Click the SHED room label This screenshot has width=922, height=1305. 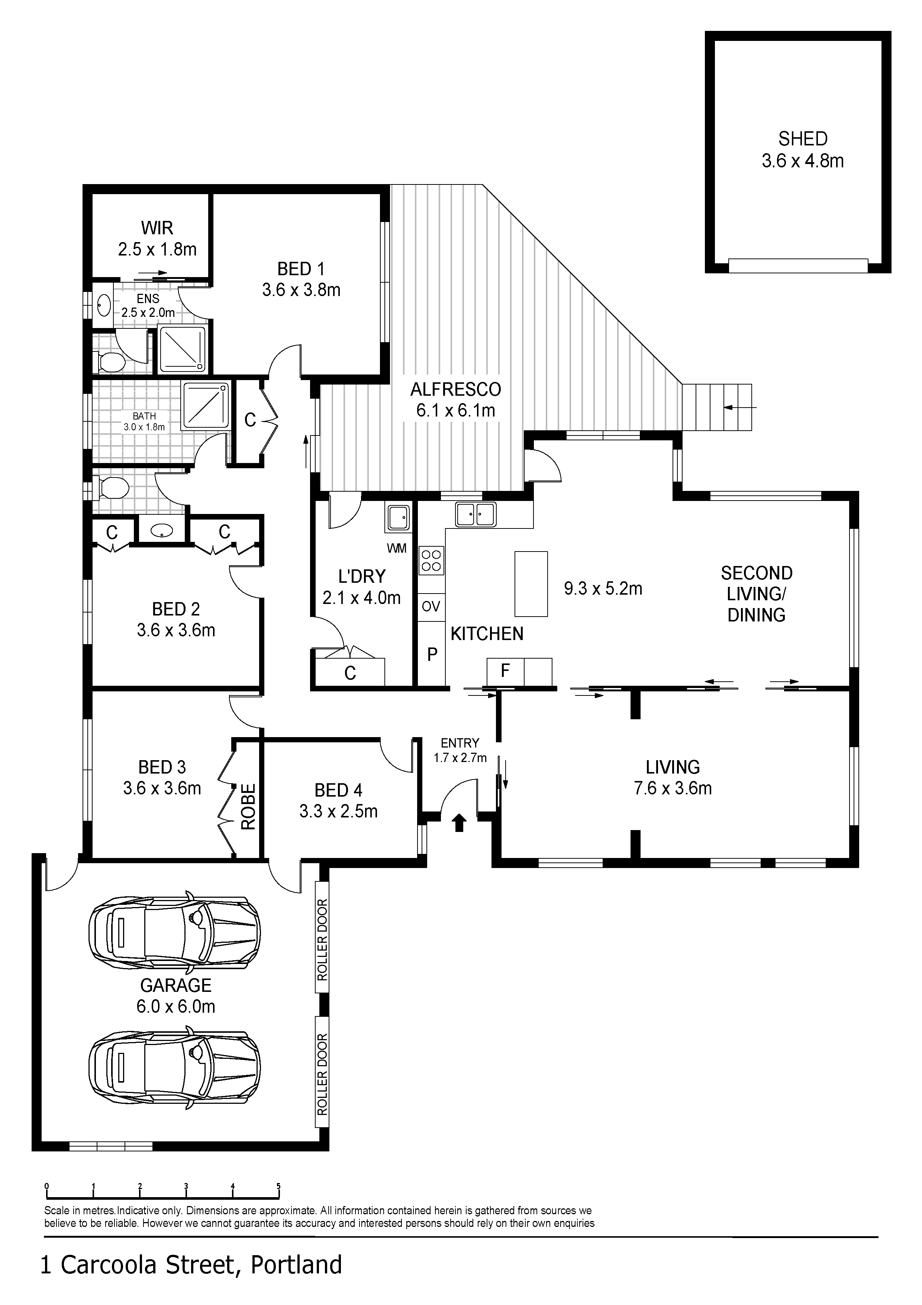(x=802, y=139)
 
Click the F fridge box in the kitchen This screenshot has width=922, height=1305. (x=504, y=671)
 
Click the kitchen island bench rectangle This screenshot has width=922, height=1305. (x=531, y=584)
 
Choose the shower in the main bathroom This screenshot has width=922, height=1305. (x=206, y=405)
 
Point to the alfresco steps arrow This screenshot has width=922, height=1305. (x=740, y=407)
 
